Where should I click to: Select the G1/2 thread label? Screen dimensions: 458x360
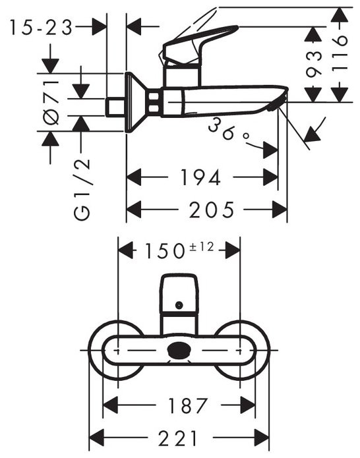pos(82,189)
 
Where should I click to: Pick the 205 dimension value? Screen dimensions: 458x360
pos(210,211)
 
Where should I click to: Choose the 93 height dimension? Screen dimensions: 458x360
pos(315,63)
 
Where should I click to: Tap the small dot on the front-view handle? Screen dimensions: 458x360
pos(179,305)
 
